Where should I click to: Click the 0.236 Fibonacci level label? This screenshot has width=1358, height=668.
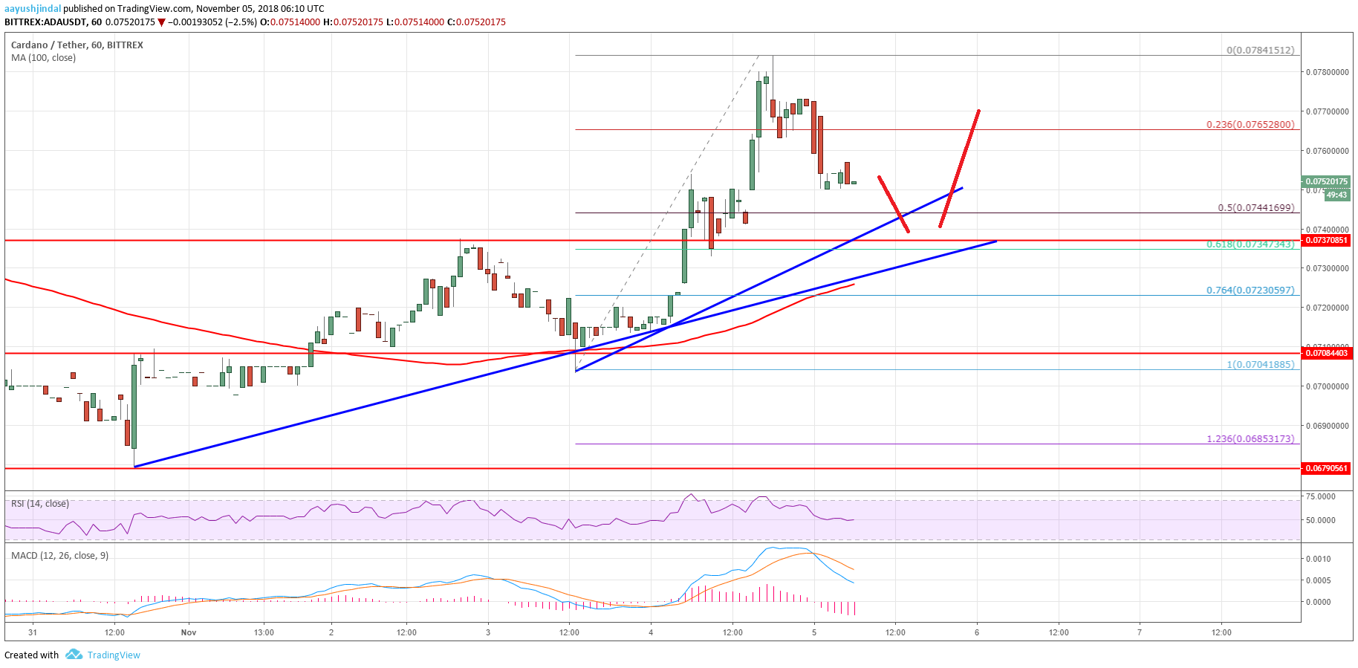tap(1250, 124)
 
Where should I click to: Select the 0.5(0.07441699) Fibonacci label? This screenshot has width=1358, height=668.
tap(1255, 207)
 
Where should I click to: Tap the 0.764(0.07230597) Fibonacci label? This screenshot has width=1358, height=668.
tap(1250, 290)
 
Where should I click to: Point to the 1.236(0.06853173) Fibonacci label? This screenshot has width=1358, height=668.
tap(1250, 438)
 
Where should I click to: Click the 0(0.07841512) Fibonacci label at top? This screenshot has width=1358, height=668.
tap(1260, 50)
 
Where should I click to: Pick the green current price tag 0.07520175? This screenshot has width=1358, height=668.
tap(1326, 181)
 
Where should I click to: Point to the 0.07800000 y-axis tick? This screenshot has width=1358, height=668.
tap(1327, 72)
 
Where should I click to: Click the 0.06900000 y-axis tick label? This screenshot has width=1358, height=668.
tap(1327, 426)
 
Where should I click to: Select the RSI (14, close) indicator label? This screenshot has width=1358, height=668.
tap(40, 504)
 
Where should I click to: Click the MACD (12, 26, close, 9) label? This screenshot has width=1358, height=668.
tap(59, 556)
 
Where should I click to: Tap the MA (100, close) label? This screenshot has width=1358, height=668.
tap(43, 58)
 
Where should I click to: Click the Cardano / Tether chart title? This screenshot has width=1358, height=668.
tap(77, 45)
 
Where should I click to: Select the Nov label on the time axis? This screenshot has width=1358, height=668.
tap(189, 632)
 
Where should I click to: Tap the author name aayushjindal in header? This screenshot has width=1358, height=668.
tap(33, 9)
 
